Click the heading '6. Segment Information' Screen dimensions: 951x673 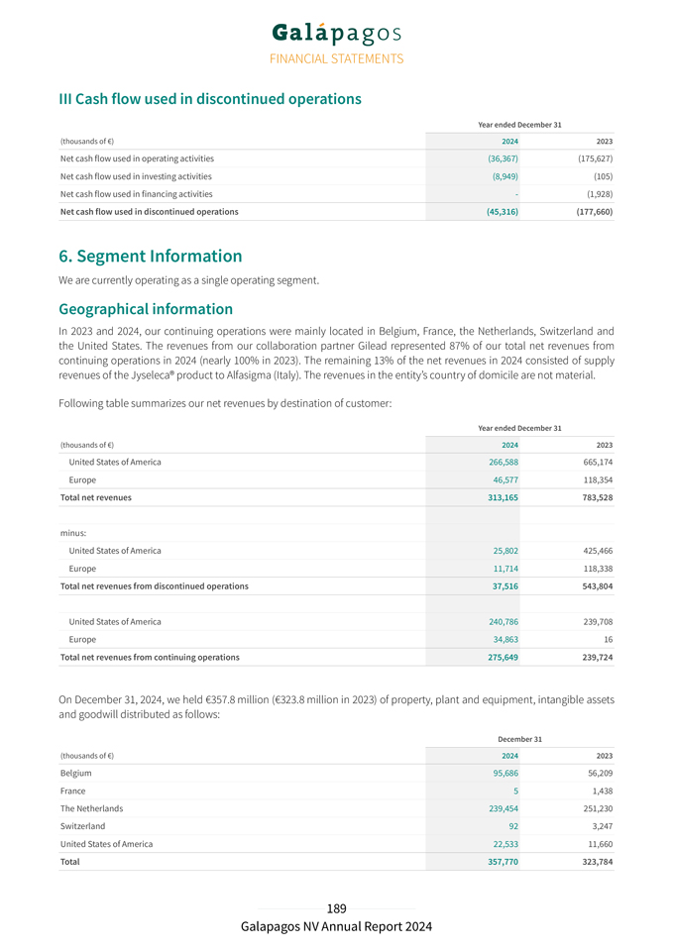click(151, 256)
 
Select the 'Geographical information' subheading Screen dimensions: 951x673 click(146, 308)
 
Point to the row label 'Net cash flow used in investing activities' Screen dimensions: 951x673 click(136, 176)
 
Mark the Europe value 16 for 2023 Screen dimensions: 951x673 click(606, 639)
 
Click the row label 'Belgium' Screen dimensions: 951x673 click(76, 773)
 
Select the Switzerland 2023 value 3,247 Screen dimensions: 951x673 click(599, 826)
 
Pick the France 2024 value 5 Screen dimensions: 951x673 click(515, 791)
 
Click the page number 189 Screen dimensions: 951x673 click(336, 908)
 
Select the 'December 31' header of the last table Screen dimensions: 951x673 click(519, 739)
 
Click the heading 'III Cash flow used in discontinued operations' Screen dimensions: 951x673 click(210, 99)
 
